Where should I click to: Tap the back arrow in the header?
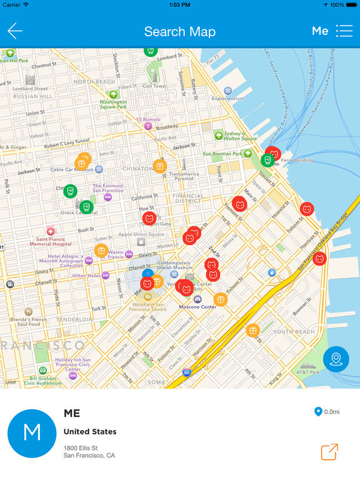click(15, 31)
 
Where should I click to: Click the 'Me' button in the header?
click(320, 31)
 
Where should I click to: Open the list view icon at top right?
click(344, 31)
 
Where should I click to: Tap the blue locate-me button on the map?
click(336, 359)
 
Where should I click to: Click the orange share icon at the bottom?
click(329, 451)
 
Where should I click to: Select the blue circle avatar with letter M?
click(31, 434)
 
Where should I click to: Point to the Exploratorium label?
click(227, 98)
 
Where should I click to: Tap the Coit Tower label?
click(154, 86)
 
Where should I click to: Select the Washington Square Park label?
click(113, 104)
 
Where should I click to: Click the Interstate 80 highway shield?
click(187, 372)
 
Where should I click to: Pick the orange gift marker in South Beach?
click(252, 330)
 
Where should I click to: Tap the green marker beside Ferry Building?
click(267, 160)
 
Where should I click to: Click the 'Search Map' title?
click(180, 31)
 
